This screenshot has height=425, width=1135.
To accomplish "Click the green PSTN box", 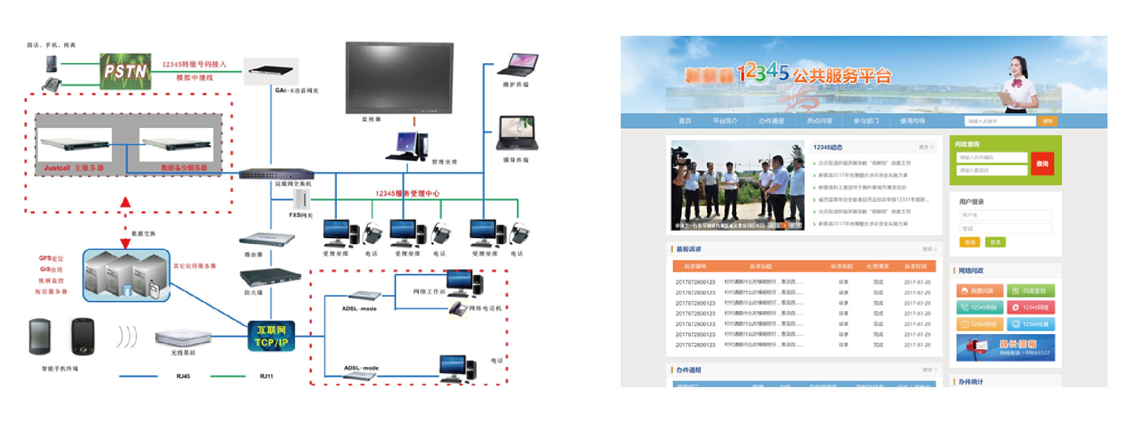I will coord(125,71).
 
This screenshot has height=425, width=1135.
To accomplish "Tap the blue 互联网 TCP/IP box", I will coord(271,336).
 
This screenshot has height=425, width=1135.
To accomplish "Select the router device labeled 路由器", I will coord(266,239).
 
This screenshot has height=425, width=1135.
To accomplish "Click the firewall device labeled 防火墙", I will coord(270,277).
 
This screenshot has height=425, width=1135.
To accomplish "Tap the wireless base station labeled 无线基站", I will coord(183,337).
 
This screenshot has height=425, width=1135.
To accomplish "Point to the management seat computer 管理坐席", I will coord(408,146).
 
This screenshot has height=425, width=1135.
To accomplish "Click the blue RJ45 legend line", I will coord(138,376).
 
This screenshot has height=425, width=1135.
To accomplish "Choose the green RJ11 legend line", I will coord(228,376).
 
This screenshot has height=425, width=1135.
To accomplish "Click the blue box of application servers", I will coord(127,275).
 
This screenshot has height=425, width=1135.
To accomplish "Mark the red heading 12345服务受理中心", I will coord(407,194).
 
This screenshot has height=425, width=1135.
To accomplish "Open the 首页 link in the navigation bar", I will coord(685,121).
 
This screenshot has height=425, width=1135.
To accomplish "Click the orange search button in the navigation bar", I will coord(1047,121).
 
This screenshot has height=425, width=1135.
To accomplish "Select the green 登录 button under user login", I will coord(995,242).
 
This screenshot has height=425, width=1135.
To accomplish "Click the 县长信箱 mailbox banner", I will coord(1005,348).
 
